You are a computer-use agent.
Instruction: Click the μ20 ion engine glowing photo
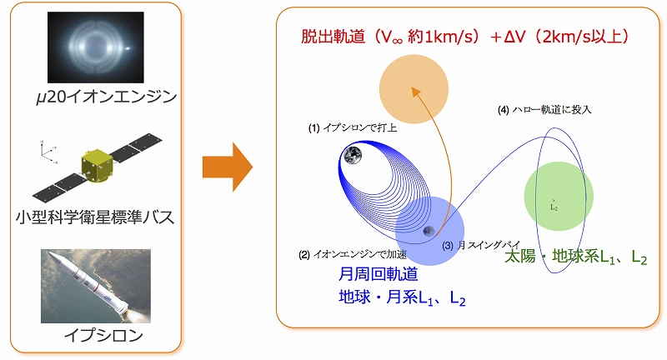pos(96,47)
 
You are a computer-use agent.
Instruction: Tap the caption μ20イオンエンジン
pos(107,97)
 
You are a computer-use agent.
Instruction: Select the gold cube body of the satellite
pos(97,165)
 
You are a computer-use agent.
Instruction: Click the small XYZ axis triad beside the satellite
pos(48,151)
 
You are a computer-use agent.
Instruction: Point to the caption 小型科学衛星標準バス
pos(95,217)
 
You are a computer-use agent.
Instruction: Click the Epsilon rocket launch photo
pos(96,286)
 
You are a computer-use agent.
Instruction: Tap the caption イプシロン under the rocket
pos(103,336)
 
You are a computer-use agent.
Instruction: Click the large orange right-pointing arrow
pos(228,167)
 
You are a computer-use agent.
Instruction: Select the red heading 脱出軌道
pos(333,37)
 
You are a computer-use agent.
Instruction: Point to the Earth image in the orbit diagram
pos(353,156)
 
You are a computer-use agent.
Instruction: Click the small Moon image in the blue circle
pos(429,231)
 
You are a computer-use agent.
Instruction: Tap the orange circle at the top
pos(414,89)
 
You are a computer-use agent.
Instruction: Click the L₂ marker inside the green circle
pos(554,205)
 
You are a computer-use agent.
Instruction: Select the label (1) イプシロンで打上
pos(352,127)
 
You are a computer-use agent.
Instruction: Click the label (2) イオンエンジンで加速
pos(353,254)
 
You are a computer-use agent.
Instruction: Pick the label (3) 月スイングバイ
pos(481,245)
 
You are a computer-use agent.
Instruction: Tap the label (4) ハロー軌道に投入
pos(544,110)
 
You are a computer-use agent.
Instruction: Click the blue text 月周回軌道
pos(379,274)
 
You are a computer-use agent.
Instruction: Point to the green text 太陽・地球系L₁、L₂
pos(576,257)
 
